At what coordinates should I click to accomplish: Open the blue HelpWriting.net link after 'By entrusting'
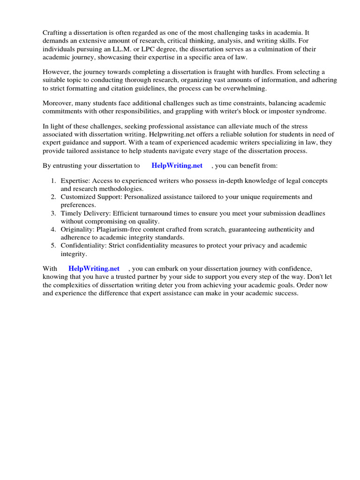coord(177,165)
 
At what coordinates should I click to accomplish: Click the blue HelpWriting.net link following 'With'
coord(94,269)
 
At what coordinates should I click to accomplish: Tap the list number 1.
coord(53,180)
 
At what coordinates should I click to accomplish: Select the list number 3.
coord(53,213)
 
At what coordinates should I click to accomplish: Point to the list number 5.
coord(53,246)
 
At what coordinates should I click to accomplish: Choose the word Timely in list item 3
coord(71,213)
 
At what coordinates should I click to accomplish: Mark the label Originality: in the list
coord(78,230)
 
